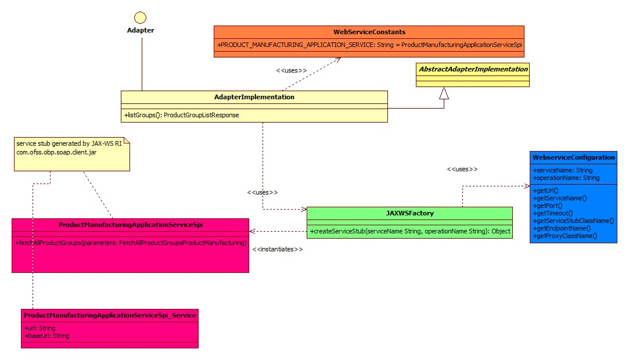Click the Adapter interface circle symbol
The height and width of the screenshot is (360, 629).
pos(140,17)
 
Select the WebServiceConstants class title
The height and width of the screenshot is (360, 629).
pos(369,32)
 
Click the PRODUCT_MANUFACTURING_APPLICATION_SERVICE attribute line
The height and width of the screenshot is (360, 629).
pos(369,45)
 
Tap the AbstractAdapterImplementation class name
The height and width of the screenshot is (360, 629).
pos(472,69)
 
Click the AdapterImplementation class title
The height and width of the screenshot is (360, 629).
pos(254,97)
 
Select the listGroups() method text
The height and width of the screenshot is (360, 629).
pos(181,115)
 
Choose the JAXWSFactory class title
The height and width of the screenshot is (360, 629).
pos(409,213)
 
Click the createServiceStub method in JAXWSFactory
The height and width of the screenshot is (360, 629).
pos(409,231)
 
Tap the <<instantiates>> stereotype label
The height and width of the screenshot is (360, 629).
pos(278,249)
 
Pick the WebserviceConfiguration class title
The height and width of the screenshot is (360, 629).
pos(573,157)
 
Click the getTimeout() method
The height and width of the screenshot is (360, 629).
pos(552,213)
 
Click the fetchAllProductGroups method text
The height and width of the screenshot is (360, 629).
pos(131,242)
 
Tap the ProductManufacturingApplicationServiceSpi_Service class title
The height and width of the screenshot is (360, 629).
pos(109,315)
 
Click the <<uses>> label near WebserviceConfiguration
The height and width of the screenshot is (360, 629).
pos(462,169)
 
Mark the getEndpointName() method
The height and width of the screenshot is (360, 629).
pos(561,228)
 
